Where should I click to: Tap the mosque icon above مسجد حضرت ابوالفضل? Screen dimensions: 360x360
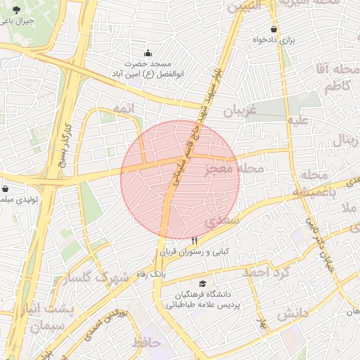point(148,53)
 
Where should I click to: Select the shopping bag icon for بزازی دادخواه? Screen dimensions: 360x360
point(274,29)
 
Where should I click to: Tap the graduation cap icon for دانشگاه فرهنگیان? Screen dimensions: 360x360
point(202,283)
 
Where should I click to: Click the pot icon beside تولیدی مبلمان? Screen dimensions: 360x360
point(6,189)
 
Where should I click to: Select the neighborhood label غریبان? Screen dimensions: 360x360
point(241,110)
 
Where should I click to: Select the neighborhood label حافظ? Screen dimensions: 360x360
point(146,343)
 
